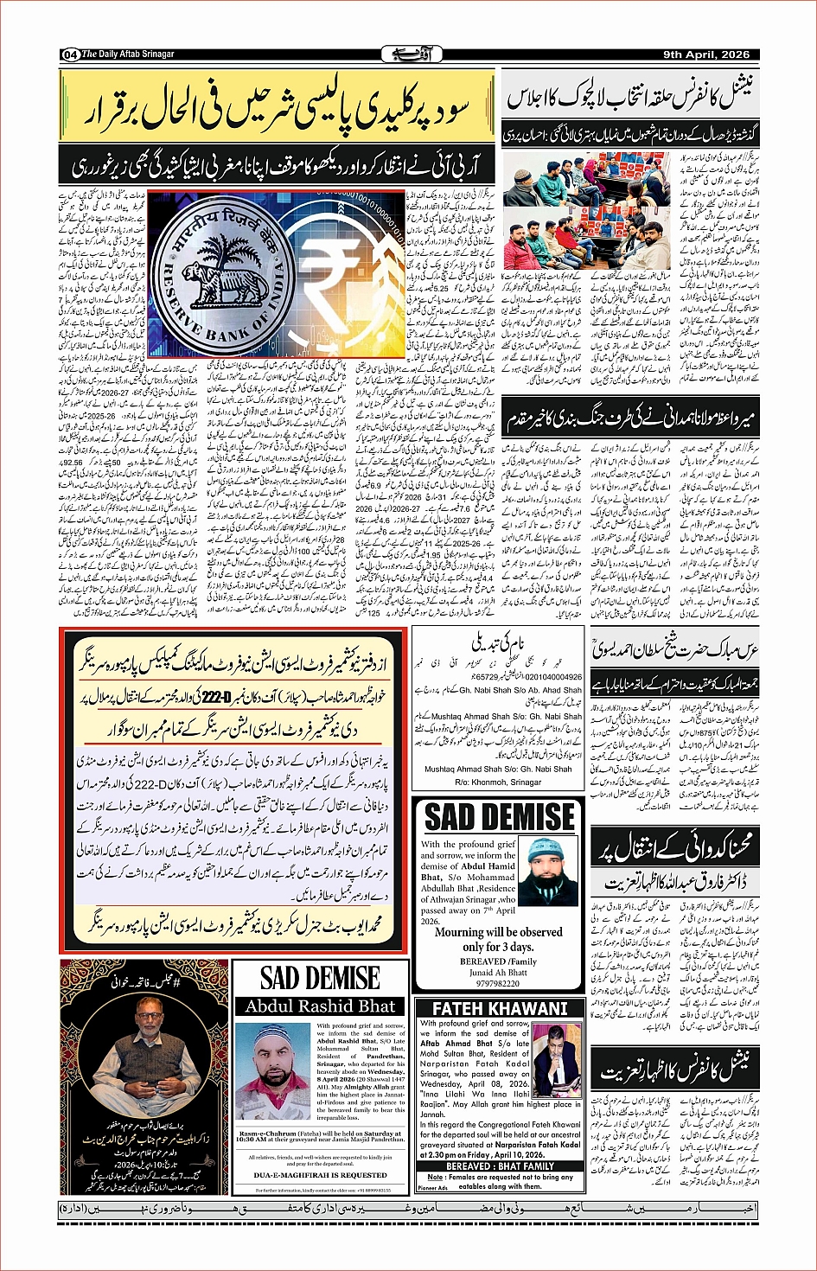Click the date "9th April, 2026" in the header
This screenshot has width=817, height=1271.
[x=706, y=54]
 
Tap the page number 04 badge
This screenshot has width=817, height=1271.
[x=70, y=54]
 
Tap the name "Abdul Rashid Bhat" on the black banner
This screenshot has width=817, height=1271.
[x=320, y=1006]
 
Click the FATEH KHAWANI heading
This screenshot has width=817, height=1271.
[x=500, y=1008]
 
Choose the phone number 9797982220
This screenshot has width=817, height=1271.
[x=497, y=983]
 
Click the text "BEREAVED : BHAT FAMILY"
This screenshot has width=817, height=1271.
[x=500, y=1166]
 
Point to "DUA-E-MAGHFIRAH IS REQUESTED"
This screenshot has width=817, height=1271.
[x=320, y=1175]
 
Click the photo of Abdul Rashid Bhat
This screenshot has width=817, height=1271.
[x=271, y=1071]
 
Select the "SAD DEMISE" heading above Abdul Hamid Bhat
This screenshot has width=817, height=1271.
[x=500, y=817]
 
